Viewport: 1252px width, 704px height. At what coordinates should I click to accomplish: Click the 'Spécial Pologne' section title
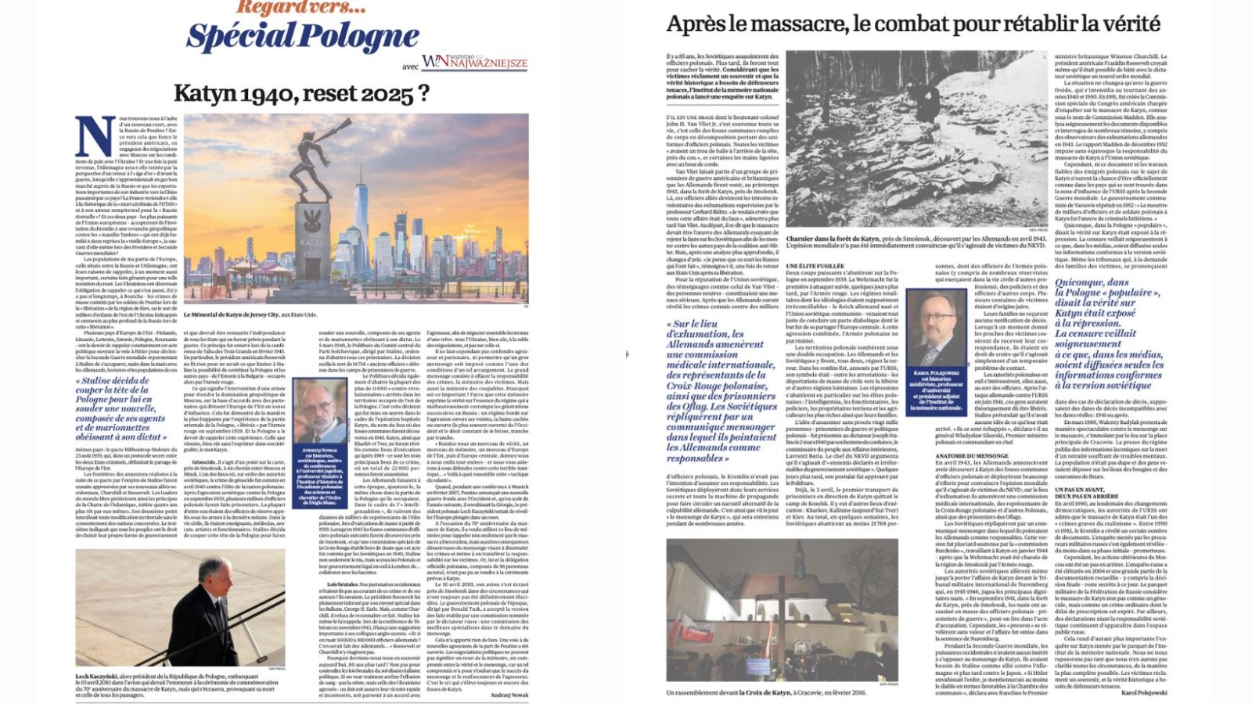tap(302, 37)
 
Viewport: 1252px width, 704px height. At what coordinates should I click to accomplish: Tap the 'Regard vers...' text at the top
tap(302, 8)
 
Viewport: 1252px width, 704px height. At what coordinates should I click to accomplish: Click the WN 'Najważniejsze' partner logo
tap(474, 63)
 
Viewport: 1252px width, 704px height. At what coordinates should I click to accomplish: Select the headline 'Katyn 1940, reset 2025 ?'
tap(301, 94)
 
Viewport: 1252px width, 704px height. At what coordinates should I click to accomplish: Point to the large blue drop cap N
tap(95, 137)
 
